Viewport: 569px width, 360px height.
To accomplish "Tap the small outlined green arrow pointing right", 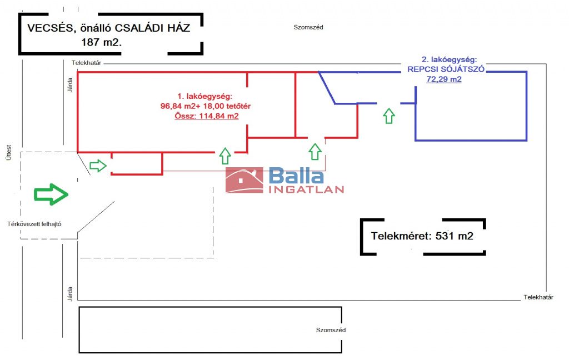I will point(98,165).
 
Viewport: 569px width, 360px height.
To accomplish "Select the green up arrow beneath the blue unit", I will point(389,116).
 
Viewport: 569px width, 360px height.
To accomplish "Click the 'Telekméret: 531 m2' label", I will point(422,236).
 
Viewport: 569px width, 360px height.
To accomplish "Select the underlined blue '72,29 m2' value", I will point(444,79).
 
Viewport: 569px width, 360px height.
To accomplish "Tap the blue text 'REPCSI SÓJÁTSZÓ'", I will point(446,69).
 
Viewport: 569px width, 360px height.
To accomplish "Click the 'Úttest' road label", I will point(8,148).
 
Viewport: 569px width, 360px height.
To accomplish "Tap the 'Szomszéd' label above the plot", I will point(308,27).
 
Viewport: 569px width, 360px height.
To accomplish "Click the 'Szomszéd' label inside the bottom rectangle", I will point(331,330).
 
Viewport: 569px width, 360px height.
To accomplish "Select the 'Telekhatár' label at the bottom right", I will point(538,298).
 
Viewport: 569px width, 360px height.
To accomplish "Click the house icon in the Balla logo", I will point(244,180).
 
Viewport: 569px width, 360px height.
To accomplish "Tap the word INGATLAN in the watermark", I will point(306,189).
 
